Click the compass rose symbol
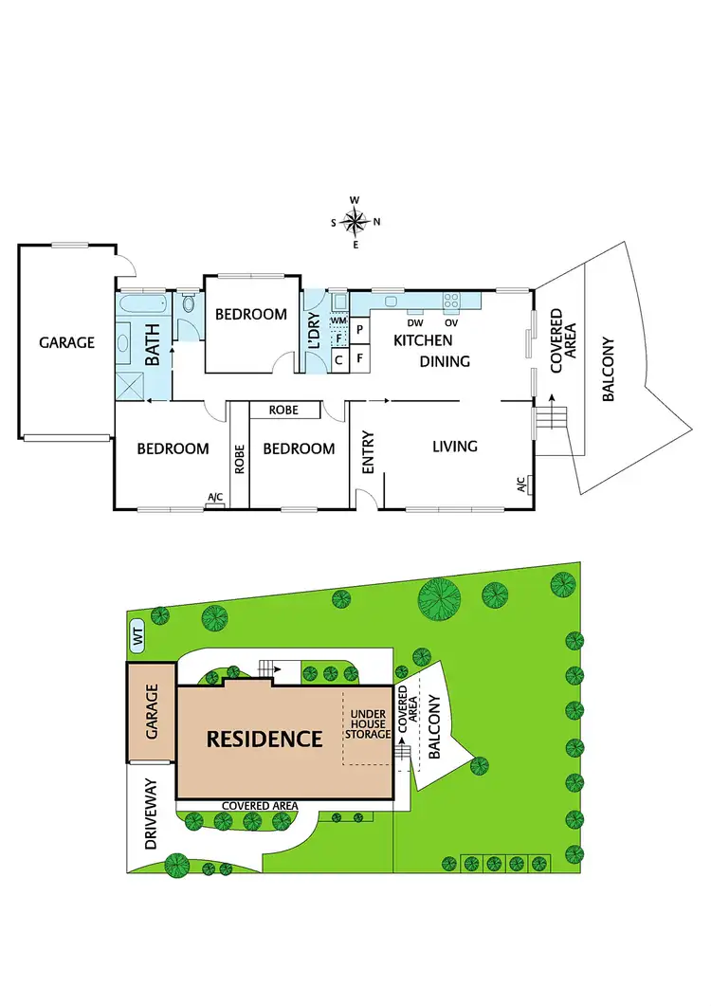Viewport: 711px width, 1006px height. [355, 222]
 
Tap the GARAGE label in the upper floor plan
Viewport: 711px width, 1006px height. [66, 342]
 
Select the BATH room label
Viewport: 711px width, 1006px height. [152, 348]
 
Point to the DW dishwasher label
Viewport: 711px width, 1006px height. [414, 322]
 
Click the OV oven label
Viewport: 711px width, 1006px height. [451, 322]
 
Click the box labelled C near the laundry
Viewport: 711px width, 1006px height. [339, 359]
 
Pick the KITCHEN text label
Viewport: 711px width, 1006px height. [423, 340]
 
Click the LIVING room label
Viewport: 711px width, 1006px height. [454, 447]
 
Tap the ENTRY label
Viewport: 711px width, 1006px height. [369, 452]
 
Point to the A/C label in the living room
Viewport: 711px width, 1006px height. [521, 485]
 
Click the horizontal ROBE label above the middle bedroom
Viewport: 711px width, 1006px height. [283, 411]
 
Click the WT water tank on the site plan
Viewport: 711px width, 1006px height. [138, 641]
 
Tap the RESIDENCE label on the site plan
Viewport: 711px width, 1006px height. [265, 738]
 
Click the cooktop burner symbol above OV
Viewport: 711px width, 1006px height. [452, 302]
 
